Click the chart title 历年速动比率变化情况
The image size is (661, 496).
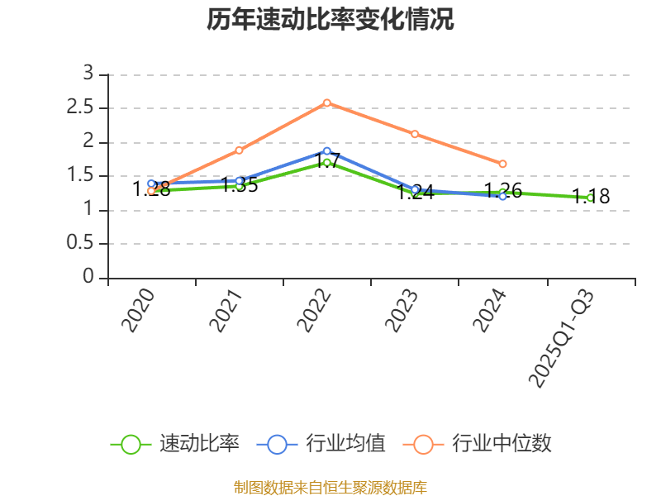330,20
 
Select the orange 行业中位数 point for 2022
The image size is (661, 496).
327,103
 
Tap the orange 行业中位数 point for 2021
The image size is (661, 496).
240,150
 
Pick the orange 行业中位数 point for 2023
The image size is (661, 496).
415,134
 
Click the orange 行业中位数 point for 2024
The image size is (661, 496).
502,164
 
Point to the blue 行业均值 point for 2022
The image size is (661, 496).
327,151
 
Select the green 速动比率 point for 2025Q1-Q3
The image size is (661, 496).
590,198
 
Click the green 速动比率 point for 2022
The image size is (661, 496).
327,162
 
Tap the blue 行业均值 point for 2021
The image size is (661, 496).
240,180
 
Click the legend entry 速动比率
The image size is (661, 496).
175,444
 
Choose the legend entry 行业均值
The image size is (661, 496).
321,444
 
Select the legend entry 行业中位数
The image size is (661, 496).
478,444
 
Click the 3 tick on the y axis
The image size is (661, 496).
88,74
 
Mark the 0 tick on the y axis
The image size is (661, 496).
88,278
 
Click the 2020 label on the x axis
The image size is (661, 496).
139,311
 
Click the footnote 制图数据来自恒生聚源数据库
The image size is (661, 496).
330,487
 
